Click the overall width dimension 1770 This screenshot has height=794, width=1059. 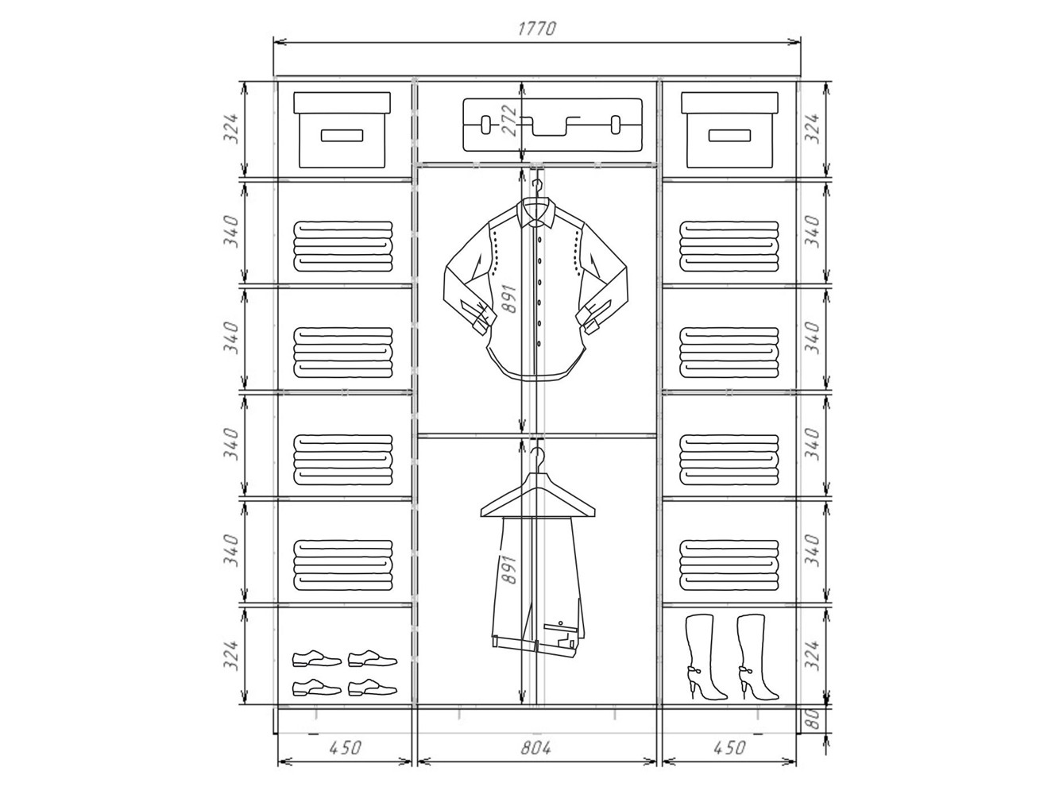pos(537,29)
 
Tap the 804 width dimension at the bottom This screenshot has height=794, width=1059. pos(535,748)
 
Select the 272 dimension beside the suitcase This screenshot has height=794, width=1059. pos(509,121)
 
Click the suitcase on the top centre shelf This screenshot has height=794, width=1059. pos(552,125)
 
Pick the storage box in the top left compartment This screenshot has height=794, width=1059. pos(342,130)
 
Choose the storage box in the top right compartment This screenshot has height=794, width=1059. pos(729,130)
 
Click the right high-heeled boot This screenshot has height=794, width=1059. pos(756,657)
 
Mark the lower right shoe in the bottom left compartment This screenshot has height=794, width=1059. pos(373,687)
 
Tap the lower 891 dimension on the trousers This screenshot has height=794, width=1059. pos(509,569)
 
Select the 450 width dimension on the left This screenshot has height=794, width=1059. pos(345,748)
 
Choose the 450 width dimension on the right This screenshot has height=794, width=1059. pos(729,748)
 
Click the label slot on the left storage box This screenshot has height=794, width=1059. pos(342,136)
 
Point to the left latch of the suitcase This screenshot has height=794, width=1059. pos(485,125)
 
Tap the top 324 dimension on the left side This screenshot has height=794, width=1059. pos(231,129)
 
